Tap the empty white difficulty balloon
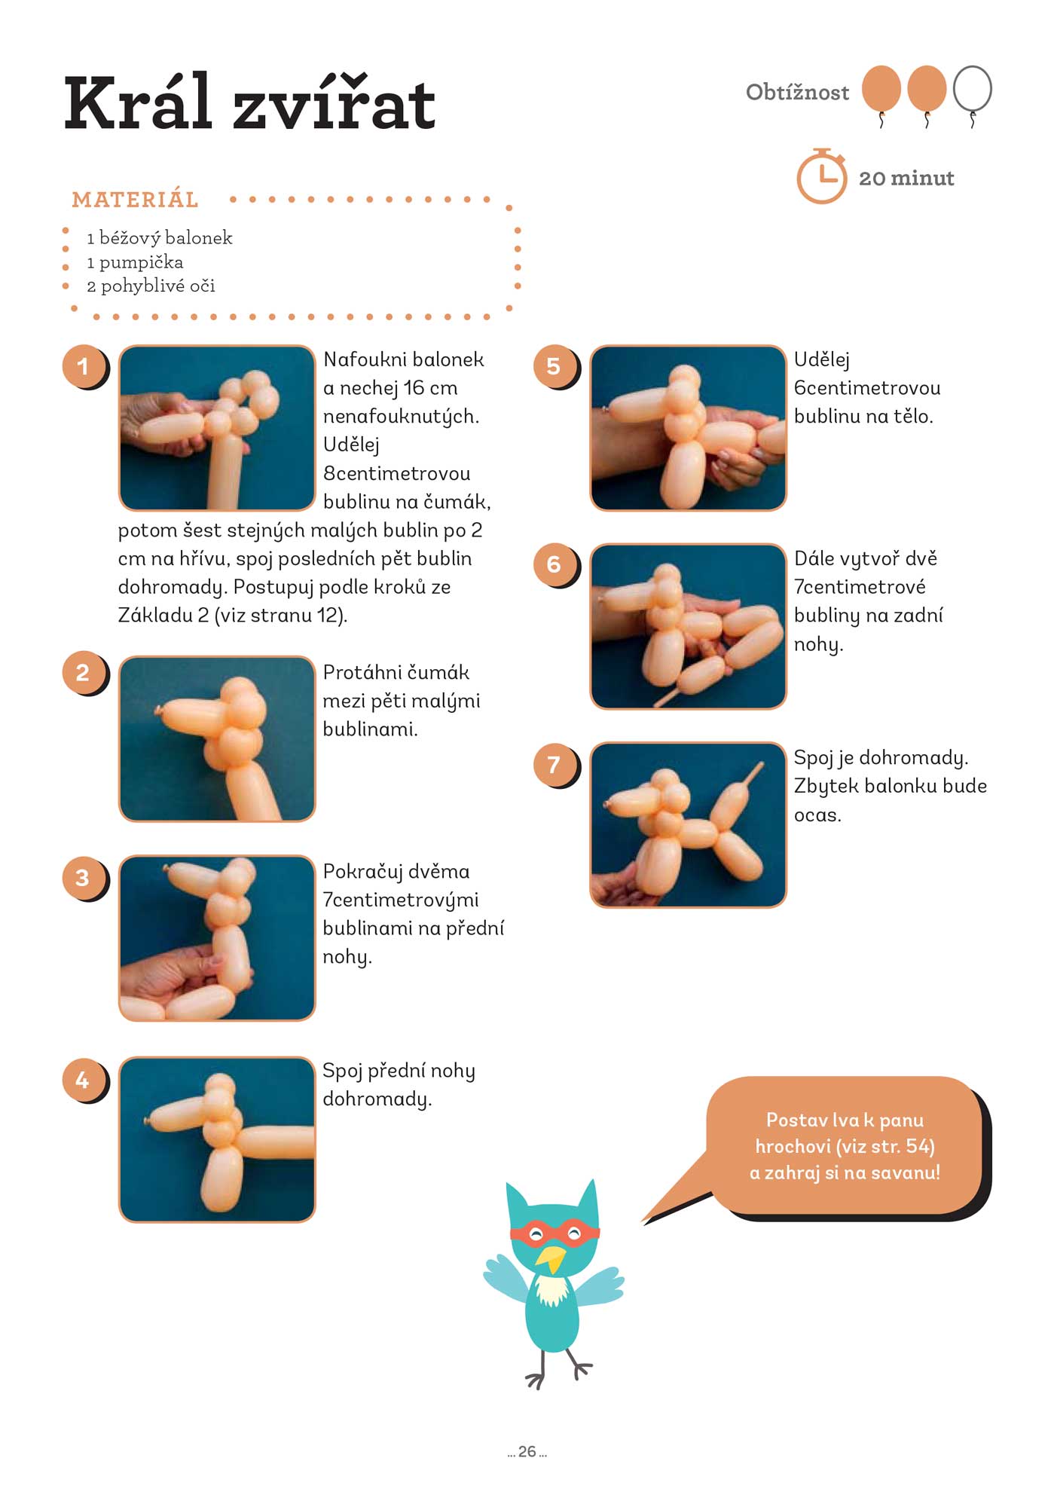click(x=972, y=89)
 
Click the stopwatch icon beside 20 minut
click(x=822, y=176)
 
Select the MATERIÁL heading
click(x=135, y=200)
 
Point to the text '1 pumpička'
click(x=135, y=262)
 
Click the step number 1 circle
click(x=84, y=366)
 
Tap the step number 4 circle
click(x=84, y=1080)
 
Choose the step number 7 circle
click(x=554, y=764)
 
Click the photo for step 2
click(x=217, y=738)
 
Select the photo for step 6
click(x=688, y=626)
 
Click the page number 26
click(x=527, y=1451)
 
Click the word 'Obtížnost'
click(x=797, y=92)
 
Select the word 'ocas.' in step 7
click(x=817, y=815)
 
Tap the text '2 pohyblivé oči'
click(x=151, y=286)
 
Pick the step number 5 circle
click(x=554, y=366)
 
